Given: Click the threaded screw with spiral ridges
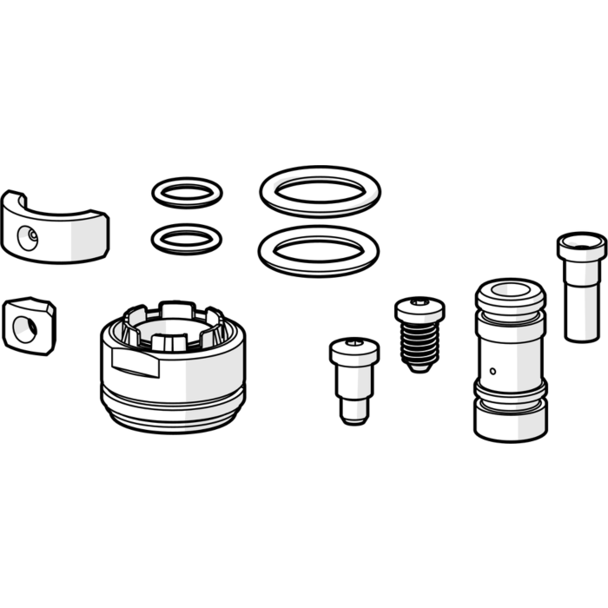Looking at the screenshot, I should tap(420, 334).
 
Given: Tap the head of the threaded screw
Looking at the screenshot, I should tap(420, 307).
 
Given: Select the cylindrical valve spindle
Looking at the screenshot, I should tap(510, 360).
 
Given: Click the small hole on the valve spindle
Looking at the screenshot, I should tap(493, 371).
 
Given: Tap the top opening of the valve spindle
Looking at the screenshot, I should tap(511, 289).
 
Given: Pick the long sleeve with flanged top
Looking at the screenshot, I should tap(581, 287).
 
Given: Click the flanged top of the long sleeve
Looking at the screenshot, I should tap(581, 244).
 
